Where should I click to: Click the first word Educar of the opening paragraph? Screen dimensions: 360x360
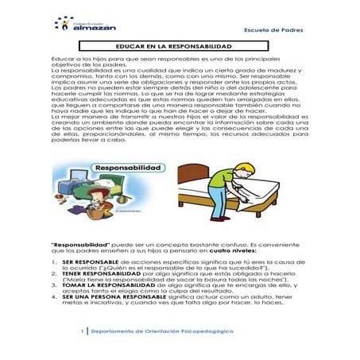tap(61, 60)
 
